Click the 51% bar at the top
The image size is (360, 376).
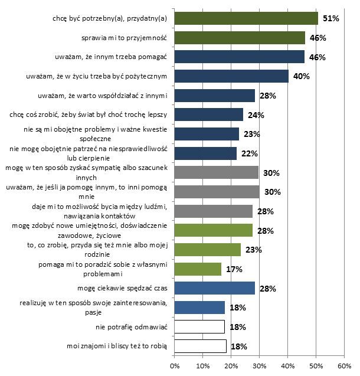[246, 19]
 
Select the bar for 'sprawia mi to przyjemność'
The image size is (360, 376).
[240, 38]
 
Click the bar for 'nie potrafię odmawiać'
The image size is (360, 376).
[200, 326]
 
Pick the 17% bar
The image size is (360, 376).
[198, 269]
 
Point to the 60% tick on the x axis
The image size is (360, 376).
[344, 367]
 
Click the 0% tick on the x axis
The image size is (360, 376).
[175, 367]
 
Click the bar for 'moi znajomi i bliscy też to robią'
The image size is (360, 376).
[201, 346]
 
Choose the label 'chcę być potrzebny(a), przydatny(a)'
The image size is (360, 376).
[110, 19]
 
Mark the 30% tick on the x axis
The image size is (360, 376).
[260, 367]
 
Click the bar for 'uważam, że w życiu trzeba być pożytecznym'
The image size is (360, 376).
[232, 76]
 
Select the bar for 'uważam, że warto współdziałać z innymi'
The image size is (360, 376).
[215, 96]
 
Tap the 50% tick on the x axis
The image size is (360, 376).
[316, 367]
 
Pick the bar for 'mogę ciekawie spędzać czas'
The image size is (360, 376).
[215, 289]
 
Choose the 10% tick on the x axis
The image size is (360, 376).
[203, 367]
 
